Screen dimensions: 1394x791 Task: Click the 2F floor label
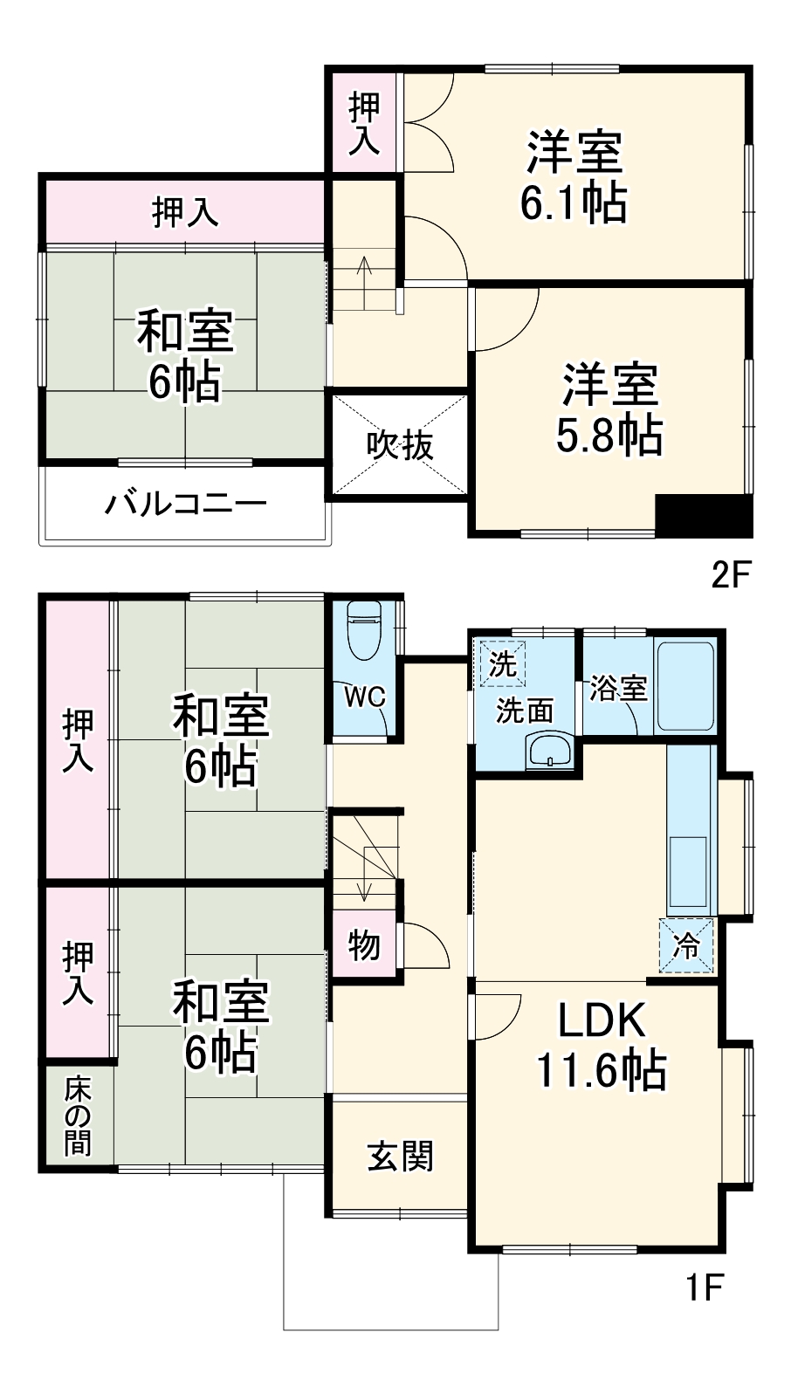(731, 574)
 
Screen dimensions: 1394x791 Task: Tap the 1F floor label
(704, 1286)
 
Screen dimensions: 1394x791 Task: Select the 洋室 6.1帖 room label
(574, 177)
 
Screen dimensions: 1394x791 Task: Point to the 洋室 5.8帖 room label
(609, 409)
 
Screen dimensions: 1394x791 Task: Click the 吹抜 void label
(400, 445)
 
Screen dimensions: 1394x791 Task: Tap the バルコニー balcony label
(186, 505)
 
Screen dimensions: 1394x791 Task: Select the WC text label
(364, 697)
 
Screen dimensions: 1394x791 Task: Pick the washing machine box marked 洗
(502, 663)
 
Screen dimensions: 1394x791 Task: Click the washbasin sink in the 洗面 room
(550, 751)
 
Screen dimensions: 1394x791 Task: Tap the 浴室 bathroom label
(618, 688)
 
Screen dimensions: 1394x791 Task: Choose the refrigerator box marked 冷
(686, 944)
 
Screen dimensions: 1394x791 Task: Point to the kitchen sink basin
(688, 872)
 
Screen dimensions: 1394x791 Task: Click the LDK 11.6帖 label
(601, 1045)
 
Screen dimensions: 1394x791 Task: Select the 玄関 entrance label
(400, 1157)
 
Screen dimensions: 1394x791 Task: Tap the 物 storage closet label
(364, 944)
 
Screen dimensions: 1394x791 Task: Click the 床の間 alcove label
(77, 1116)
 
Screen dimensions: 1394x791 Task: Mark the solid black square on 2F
(704, 516)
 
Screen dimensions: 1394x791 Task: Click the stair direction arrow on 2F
(365, 274)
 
